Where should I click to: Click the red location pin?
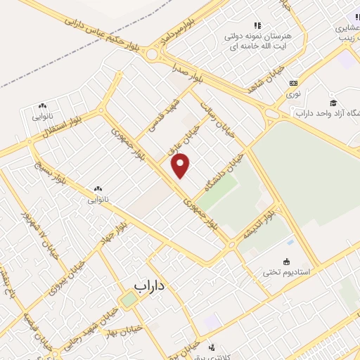point(181,165)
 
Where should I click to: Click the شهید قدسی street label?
point(162,117)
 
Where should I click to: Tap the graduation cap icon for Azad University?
point(333,102)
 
